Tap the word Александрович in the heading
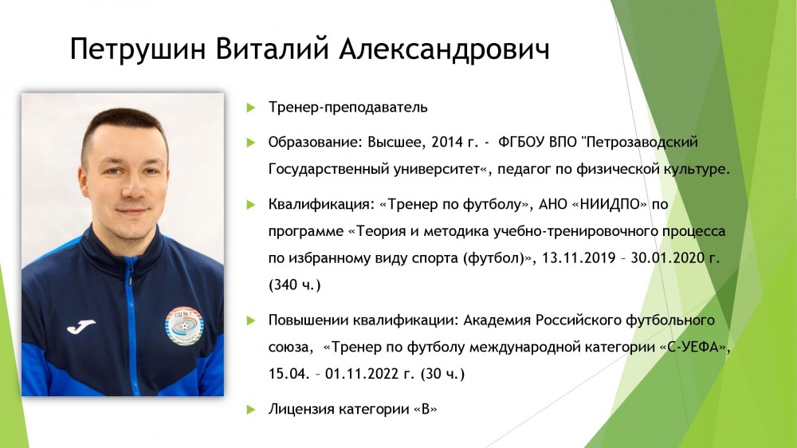click(x=444, y=50)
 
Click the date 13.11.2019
click(x=579, y=257)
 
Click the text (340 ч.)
click(x=294, y=285)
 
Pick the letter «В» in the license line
click(x=426, y=410)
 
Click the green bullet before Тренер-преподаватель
click(x=250, y=108)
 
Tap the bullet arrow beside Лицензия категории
click(x=250, y=410)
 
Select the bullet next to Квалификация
click(x=250, y=204)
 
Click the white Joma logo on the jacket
click(x=80, y=327)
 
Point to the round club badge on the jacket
click(x=184, y=325)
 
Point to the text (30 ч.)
click(x=442, y=375)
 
